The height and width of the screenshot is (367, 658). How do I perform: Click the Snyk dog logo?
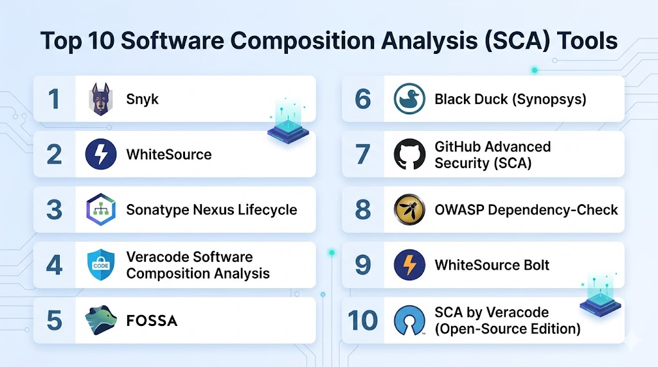click(x=101, y=99)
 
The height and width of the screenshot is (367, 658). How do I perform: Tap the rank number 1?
click(x=54, y=99)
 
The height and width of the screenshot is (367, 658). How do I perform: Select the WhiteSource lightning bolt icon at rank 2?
click(x=101, y=154)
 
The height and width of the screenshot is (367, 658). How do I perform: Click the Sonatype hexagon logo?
click(x=101, y=209)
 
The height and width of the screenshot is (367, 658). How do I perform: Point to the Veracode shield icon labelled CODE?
click(x=101, y=265)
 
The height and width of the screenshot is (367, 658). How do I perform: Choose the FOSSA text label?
click(x=152, y=321)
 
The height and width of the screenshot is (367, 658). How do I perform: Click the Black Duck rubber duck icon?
click(x=409, y=99)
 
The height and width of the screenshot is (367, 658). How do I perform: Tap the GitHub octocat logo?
click(x=409, y=154)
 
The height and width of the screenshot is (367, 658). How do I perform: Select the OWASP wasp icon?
click(x=409, y=209)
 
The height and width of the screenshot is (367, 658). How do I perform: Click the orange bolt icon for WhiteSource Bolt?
click(x=409, y=265)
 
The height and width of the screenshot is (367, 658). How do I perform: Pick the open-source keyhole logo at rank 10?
click(x=409, y=321)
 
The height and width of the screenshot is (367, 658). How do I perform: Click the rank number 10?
click(x=362, y=321)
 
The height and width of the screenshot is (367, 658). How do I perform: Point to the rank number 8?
click(x=362, y=209)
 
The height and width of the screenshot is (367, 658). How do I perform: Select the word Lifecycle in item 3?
click(x=267, y=210)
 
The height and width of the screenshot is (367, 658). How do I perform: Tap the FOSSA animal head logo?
click(x=101, y=320)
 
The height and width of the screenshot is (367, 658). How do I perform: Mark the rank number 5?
click(x=54, y=321)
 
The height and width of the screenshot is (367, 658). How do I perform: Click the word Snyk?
click(x=142, y=99)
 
